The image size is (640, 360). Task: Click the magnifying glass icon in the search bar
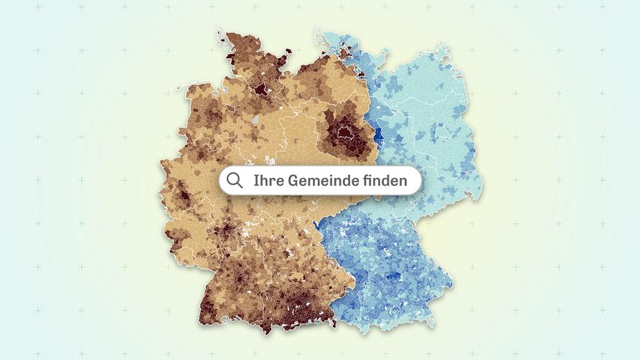click(x=234, y=180)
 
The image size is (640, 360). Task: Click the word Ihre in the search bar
click(x=268, y=181)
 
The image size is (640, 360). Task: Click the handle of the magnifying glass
click(x=240, y=186)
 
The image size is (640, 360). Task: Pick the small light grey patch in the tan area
click(x=256, y=119)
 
